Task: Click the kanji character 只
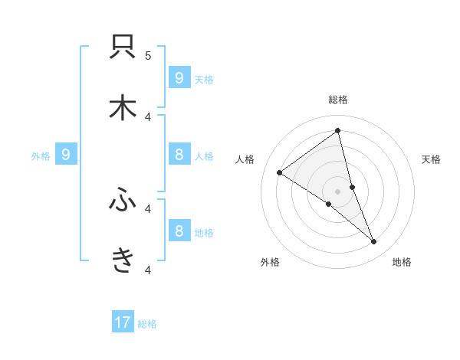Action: [x=123, y=47]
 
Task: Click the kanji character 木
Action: [x=123, y=108]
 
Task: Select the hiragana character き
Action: [x=123, y=261]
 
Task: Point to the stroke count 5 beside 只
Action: [x=148, y=55]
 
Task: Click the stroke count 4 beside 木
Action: [x=148, y=116]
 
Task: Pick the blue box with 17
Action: [x=123, y=322]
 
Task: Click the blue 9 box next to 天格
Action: [x=179, y=77]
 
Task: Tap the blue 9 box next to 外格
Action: [x=66, y=155]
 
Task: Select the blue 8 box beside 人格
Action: [x=179, y=155]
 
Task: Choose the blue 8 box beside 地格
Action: [x=179, y=231]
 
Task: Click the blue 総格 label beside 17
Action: [x=147, y=324]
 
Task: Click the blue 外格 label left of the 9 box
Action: [x=41, y=155]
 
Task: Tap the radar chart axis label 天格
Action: [x=431, y=159]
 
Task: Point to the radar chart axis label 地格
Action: [x=402, y=262]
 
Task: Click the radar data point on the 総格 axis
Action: [x=337, y=131]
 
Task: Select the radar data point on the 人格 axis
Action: [x=280, y=172]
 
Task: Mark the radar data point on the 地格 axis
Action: [x=374, y=242]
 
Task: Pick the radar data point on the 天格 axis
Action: [x=352, y=187]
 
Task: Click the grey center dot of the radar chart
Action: [x=337, y=191]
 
